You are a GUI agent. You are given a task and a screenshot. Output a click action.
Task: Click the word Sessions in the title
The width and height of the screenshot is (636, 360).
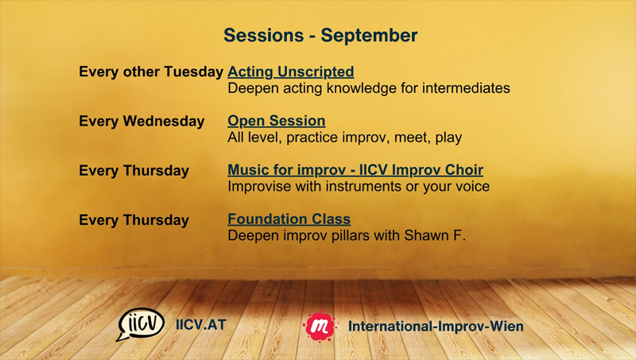[264, 35]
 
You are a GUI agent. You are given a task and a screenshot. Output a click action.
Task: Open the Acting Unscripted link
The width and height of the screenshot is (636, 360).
[291, 72]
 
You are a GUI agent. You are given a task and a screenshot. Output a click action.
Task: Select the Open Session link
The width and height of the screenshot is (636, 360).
[276, 121]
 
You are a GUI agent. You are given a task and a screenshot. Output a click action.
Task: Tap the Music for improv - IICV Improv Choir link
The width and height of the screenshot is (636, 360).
[355, 170]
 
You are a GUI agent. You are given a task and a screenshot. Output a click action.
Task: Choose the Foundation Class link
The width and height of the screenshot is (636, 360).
[289, 219]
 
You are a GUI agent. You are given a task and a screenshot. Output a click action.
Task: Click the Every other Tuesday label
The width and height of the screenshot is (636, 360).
[151, 72]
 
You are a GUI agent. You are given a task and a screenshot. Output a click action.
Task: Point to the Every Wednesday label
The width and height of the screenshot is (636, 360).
[142, 122]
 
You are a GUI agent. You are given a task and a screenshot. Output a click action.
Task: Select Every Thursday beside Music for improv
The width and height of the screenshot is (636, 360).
[134, 171]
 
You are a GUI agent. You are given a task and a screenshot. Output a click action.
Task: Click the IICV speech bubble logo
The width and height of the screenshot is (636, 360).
[141, 324]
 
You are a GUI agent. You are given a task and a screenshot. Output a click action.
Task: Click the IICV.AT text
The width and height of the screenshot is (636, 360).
[201, 325]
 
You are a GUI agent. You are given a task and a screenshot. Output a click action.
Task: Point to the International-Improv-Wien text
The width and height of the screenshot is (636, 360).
[436, 327]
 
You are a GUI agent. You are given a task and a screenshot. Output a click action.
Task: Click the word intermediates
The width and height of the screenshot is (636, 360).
[466, 88]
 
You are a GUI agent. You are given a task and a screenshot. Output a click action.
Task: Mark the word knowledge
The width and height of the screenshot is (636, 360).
[362, 89]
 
